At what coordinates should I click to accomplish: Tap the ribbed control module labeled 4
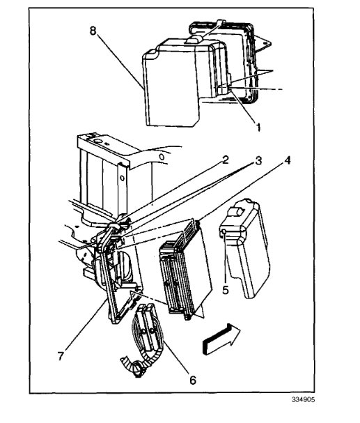182,268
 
